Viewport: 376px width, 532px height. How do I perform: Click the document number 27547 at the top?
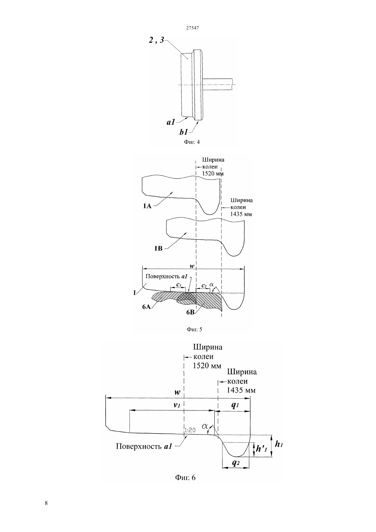[x=192, y=28]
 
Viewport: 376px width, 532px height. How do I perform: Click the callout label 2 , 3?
[x=157, y=40]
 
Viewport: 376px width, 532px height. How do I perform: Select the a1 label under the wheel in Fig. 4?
[x=171, y=122]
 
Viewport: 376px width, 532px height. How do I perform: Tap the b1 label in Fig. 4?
[x=184, y=132]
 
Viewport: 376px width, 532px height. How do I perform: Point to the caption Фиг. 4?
[x=192, y=142]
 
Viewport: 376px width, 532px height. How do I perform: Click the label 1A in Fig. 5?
[x=147, y=206]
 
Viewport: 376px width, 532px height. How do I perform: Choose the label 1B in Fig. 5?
[x=158, y=249]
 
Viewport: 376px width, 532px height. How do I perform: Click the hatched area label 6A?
[x=147, y=307]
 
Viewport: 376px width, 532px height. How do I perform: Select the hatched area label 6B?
[x=190, y=312]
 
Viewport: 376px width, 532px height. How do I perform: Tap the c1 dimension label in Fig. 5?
[x=178, y=284]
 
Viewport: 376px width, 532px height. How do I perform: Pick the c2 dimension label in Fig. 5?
[x=204, y=285]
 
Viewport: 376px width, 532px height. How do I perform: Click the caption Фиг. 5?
[x=194, y=329]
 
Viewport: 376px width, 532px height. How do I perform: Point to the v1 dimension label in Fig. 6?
[x=177, y=405]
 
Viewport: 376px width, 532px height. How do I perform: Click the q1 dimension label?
[x=235, y=405]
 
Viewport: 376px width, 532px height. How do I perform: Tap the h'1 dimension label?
[x=261, y=449]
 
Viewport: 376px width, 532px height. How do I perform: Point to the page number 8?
[x=46, y=503]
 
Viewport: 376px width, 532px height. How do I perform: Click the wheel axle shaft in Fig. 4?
[x=218, y=84]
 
